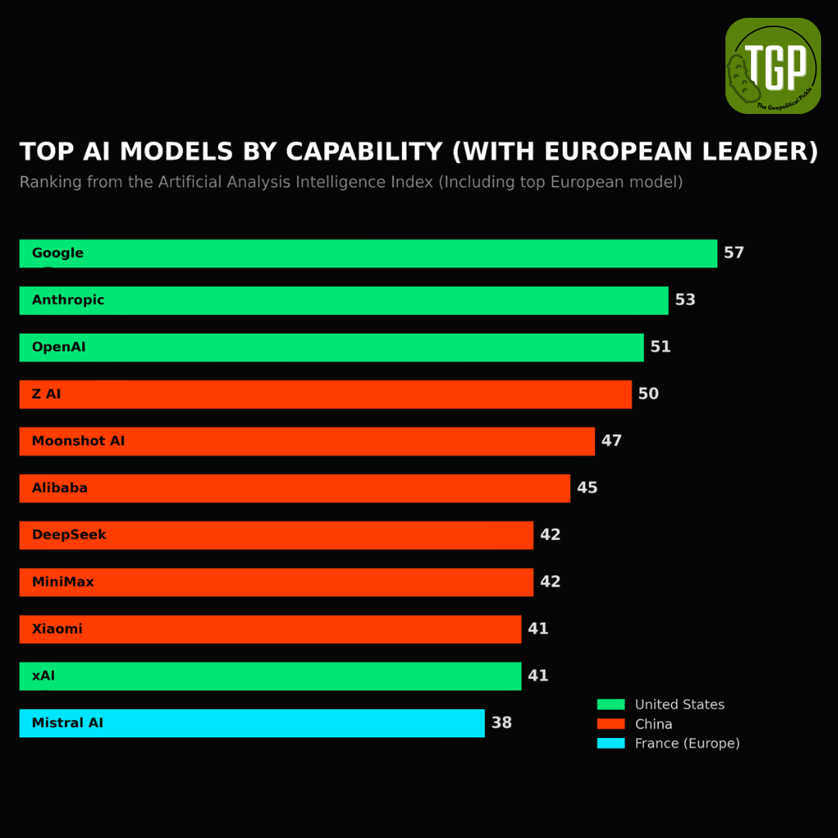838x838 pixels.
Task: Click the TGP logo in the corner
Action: click(x=773, y=66)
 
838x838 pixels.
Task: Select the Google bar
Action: click(x=369, y=253)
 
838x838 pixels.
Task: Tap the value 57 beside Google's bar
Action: click(x=734, y=253)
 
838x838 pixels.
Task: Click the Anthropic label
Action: click(x=68, y=300)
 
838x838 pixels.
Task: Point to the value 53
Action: click(x=685, y=300)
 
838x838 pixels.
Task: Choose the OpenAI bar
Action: click(x=331, y=348)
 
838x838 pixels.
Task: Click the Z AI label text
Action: click(x=46, y=394)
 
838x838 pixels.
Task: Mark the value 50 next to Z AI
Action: click(x=648, y=394)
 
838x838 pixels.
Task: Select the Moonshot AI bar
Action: click(x=306, y=442)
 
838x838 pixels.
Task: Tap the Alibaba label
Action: click(x=59, y=488)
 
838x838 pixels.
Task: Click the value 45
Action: click(x=587, y=488)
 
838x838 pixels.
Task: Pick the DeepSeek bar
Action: click(x=276, y=535)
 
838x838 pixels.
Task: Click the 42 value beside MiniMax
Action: click(x=550, y=581)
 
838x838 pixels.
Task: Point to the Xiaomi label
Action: click(x=57, y=628)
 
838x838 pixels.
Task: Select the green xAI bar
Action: click(x=270, y=676)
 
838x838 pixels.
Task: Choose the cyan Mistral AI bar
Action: click(x=251, y=723)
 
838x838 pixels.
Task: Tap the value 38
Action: click(x=502, y=722)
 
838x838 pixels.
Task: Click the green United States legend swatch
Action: click(x=611, y=705)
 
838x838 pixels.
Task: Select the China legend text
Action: click(x=653, y=724)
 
